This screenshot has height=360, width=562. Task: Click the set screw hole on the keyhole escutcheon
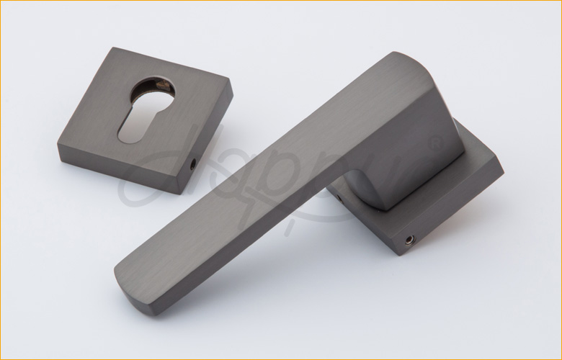click(192, 165)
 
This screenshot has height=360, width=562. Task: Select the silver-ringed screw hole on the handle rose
click(411, 238)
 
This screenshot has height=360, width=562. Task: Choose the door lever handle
click(288, 173)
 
